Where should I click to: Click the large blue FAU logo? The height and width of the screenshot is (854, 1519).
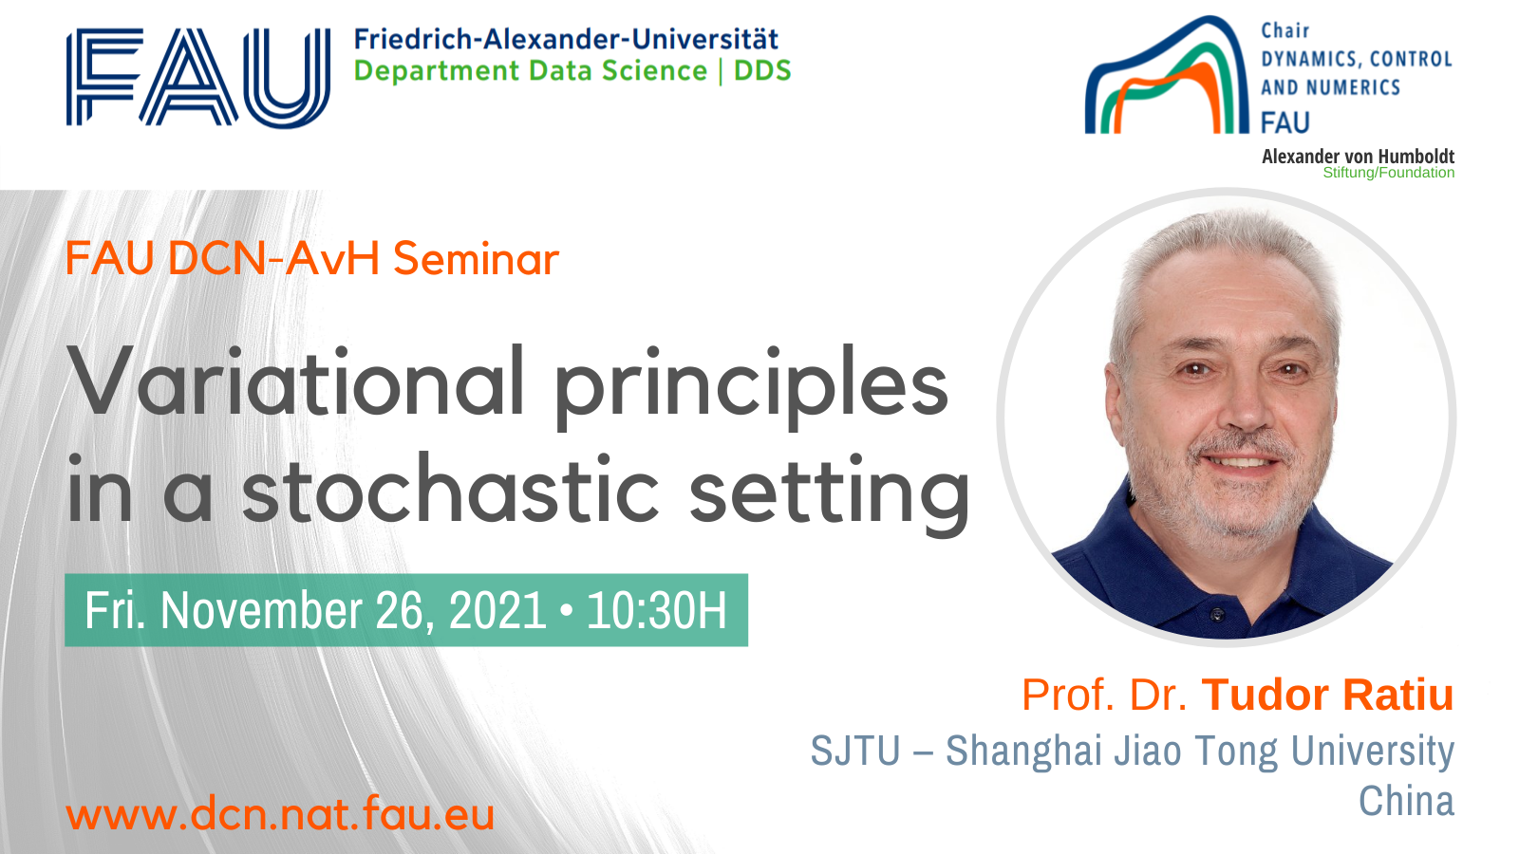(198, 77)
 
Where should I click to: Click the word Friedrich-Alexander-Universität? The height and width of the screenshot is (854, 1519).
(566, 39)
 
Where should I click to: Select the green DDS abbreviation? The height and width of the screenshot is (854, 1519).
(763, 70)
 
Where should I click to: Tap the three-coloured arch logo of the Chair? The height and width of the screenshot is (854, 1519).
(1167, 76)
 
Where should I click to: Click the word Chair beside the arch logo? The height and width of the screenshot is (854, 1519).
(1285, 30)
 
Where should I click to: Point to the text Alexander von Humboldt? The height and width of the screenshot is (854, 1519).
(1358, 157)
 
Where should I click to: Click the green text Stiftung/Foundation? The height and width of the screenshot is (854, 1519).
(1389, 173)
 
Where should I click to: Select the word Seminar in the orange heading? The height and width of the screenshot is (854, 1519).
(476, 259)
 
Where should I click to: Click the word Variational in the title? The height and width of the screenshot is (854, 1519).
(296, 381)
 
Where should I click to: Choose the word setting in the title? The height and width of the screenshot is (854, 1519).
(830, 494)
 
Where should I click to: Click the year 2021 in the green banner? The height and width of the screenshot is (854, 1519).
(497, 611)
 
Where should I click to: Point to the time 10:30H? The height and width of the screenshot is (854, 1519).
(657, 611)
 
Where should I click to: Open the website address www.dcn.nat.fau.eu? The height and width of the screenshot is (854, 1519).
(280, 814)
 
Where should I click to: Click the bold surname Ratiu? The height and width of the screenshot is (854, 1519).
(1398, 695)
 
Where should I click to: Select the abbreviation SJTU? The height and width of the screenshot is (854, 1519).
(855, 751)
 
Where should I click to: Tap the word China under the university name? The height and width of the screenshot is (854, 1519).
(1406, 801)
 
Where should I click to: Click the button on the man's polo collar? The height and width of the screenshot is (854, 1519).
(1218, 615)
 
